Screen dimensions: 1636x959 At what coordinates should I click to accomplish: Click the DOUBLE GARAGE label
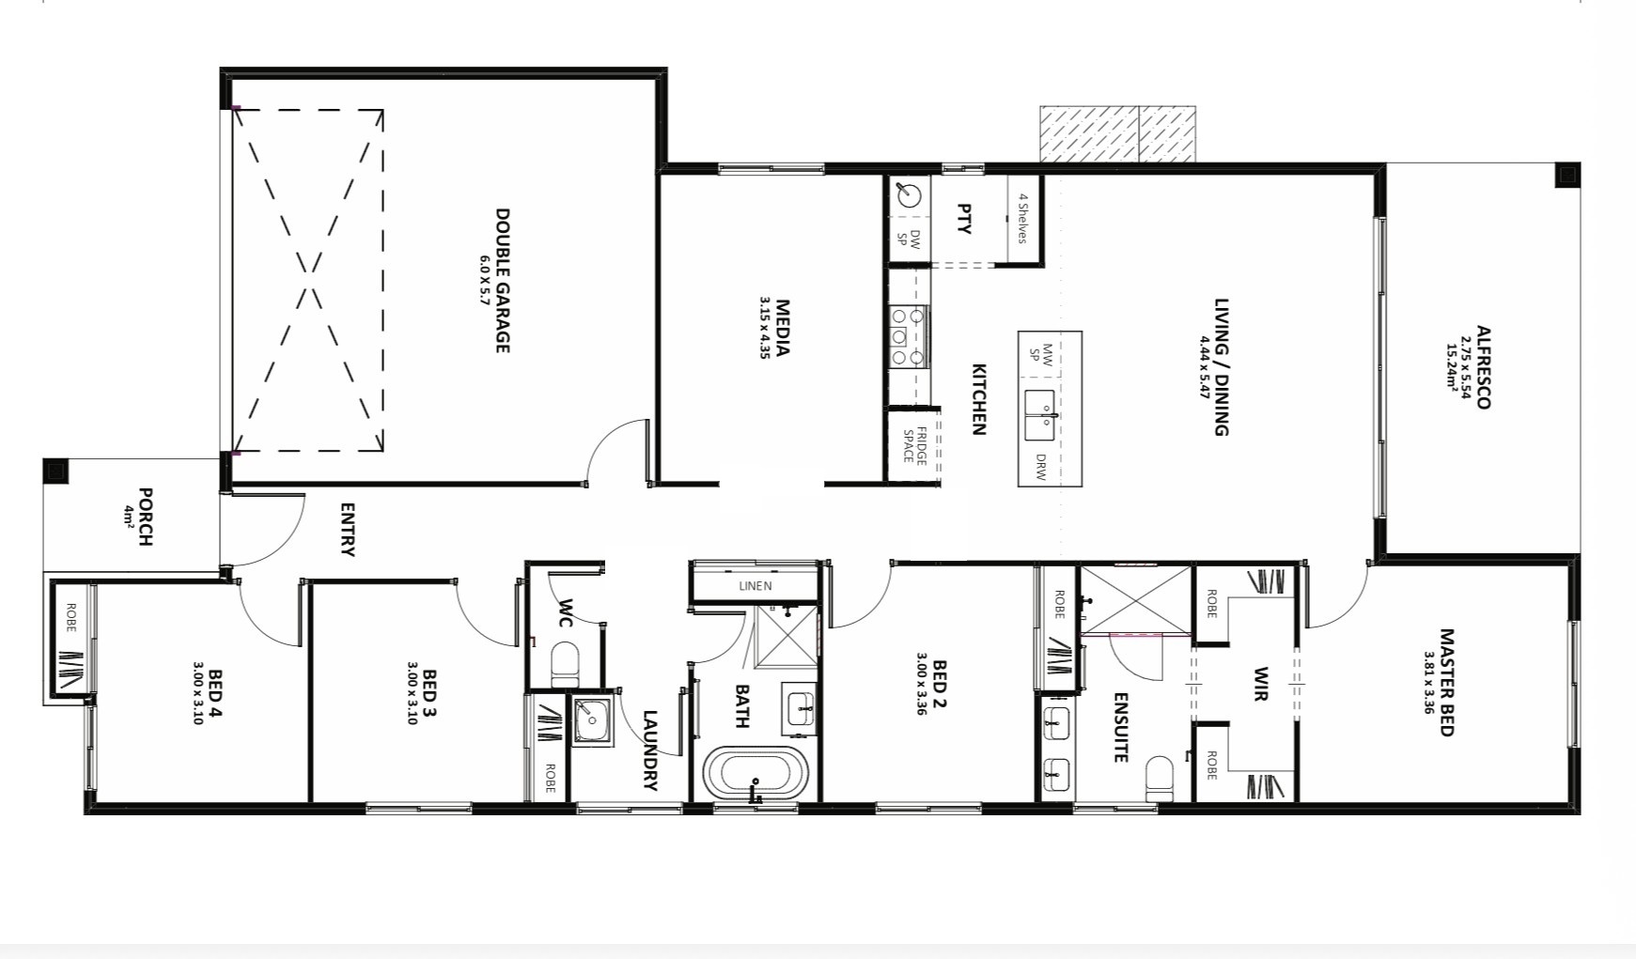click(503, 281)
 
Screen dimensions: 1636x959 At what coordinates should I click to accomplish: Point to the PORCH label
click(146, 516)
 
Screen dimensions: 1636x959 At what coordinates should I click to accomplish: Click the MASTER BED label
click(1446, 683)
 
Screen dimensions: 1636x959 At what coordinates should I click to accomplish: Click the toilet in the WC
click(565, 662)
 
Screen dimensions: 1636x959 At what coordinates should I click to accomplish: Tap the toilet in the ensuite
click(1160, 780)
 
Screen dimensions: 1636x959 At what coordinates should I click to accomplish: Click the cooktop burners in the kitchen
click(909, 336)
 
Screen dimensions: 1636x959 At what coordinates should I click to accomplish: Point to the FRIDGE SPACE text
click(915, 445)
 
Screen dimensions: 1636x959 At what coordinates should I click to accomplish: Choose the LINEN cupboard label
click(756, 586)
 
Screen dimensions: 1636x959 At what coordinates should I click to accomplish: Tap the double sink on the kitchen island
click(1040, 415)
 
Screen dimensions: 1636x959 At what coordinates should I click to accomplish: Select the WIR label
click(1260, 684)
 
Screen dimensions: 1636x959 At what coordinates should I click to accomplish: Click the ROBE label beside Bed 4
click(71, 616)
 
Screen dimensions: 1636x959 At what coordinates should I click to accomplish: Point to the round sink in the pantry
click(909, 196)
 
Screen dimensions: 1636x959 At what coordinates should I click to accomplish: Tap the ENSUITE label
click(1120, 727)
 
